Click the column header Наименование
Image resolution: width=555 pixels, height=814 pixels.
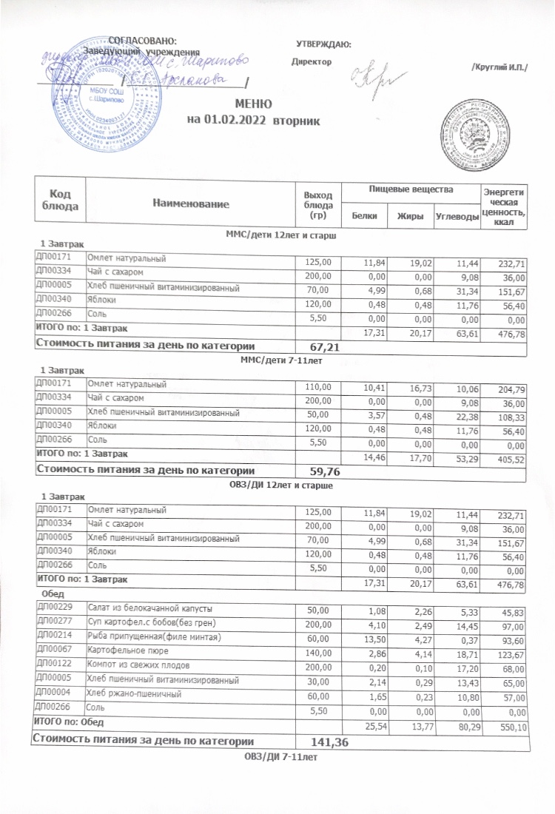(x=188, y=201)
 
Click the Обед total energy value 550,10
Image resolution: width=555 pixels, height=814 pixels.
(x=510, y=727)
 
